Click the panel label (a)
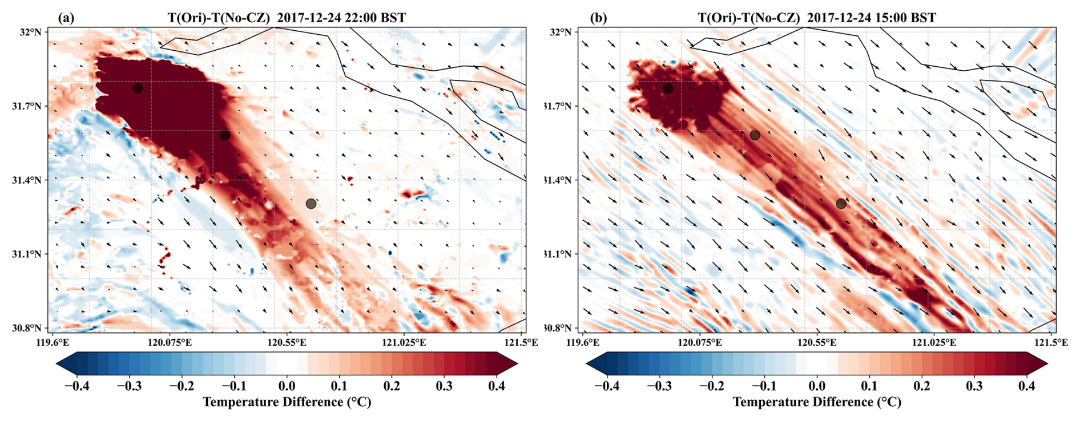66,18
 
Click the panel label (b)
599,18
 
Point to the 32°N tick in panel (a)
31,32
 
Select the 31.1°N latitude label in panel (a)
27,254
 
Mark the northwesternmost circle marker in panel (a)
138,88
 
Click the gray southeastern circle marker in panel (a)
311,204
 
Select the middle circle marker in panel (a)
225,135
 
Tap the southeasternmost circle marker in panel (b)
841,204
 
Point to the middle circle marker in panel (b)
755,135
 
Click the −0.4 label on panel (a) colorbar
76,386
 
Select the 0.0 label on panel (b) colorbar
817,386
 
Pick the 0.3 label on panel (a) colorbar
444,386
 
